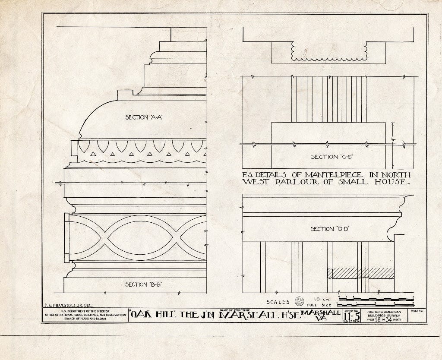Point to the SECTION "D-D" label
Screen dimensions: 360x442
[x=329, y=229]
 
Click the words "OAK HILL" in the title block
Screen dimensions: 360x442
[x=148, y=316]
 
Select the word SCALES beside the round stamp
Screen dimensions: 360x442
[x=279, y=302]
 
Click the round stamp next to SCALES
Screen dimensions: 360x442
[x=299, y=301]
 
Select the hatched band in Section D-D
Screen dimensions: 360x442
[x=360, y=273]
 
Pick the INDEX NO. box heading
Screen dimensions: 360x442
[x=418, y=311]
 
